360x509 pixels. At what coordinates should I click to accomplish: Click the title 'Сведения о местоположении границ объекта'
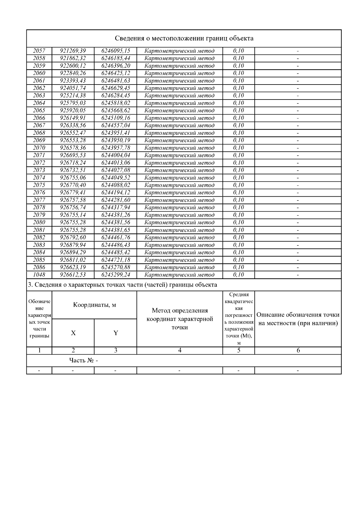point(184,38)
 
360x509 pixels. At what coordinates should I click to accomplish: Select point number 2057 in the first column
point(39,51)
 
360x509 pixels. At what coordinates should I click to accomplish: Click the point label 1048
point(39,275)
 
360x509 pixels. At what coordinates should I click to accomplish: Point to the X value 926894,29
point(73,252)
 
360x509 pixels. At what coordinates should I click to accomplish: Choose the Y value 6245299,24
point(115,275)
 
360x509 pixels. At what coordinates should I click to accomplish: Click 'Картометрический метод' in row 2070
point(179,148)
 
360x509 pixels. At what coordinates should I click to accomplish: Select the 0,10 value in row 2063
point(238,96)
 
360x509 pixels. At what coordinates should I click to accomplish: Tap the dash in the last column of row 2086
point(298,267)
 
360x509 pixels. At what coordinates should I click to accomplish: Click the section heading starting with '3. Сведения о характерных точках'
point(122,285)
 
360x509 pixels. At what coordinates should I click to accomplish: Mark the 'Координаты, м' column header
point(94,305)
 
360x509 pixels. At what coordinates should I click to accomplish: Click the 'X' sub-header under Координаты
point(73,333)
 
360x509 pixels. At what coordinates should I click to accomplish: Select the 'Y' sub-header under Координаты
point(115,333)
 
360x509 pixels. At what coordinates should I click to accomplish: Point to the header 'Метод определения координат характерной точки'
point(179,319)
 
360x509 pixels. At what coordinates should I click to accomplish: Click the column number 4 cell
point(179,350)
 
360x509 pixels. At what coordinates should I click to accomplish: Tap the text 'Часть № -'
point(83,360)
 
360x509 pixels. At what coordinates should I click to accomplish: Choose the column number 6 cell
point(298,350)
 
